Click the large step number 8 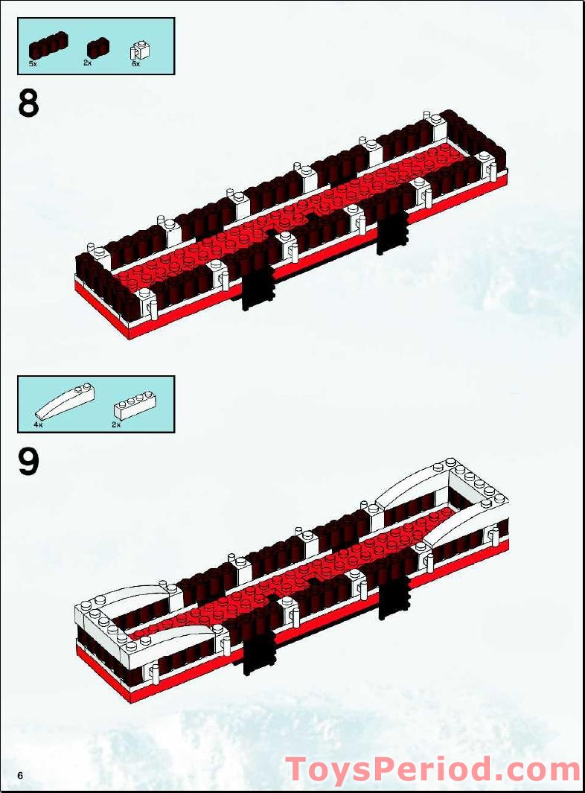[29, 103]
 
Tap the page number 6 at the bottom [21, 776]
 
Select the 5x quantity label [33, 64]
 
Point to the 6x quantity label [135, 64]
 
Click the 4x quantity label [37, 424]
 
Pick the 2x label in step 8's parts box [87, 64]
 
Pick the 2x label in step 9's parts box [115, 424]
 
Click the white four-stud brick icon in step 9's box [132, 406]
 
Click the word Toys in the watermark [326, 769]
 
